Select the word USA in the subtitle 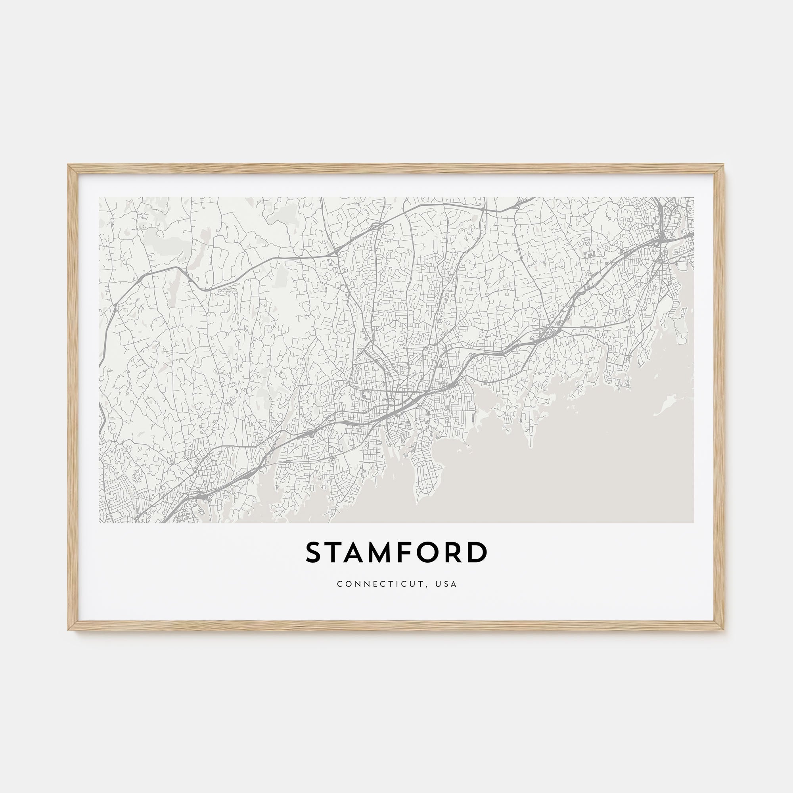(x=447, y=584)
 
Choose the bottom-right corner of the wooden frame (x=724, y=629)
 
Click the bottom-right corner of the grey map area (x=693, y=522)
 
